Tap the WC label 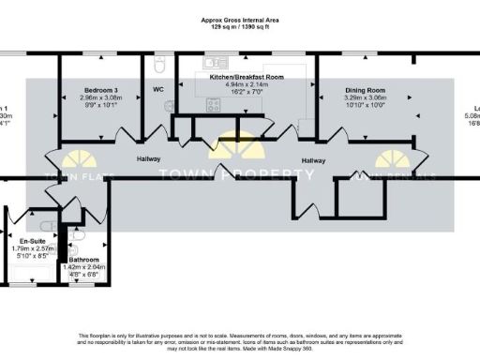pos(158,91)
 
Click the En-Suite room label pos(31,240)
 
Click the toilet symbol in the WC pos(159,64)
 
